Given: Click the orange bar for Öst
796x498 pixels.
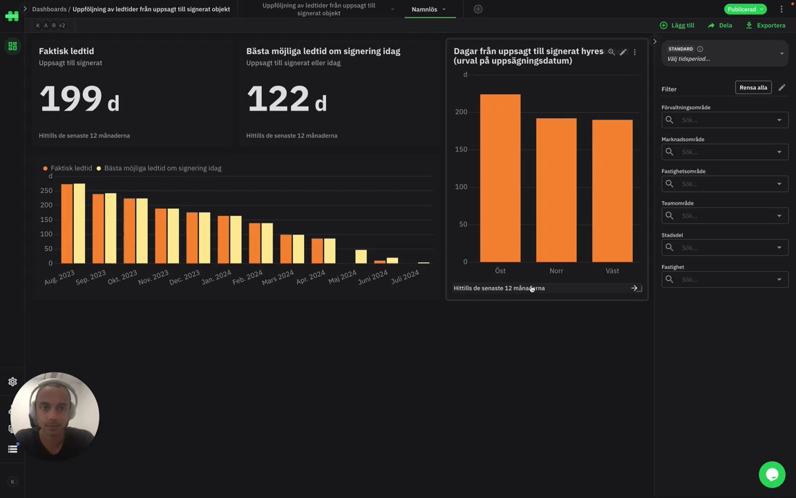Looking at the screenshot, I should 500,178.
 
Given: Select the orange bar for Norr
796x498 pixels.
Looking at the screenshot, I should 556,190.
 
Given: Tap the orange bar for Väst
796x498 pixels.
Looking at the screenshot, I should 612,191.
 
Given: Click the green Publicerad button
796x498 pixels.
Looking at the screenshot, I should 745,10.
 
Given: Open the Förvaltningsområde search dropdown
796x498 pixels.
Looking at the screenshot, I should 724,120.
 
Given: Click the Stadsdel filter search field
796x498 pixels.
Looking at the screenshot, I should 724,248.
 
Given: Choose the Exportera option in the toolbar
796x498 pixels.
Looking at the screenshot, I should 766,26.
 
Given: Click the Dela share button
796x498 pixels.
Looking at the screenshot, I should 720,26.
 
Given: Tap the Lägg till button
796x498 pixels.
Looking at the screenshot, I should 677,26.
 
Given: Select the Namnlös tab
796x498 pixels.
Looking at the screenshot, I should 425,10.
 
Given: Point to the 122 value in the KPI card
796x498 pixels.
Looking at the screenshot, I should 278,99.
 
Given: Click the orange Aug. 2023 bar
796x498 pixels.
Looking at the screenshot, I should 66,223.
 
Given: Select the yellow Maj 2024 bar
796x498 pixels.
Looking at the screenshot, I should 361,257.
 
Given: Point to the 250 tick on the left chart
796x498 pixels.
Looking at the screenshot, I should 46,191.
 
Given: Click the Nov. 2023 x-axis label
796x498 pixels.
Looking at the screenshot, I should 154,277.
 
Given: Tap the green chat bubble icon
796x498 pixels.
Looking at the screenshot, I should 772,474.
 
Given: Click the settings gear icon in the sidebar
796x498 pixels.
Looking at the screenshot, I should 12,382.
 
